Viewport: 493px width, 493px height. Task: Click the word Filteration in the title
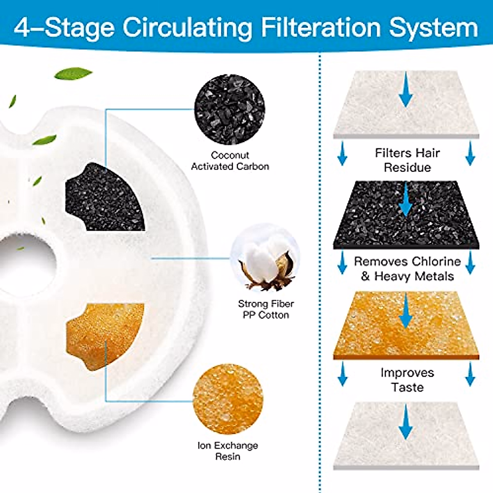[321, 27]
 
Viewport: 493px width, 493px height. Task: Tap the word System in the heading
[433, 27]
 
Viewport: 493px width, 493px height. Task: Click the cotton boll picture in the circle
[265, 258]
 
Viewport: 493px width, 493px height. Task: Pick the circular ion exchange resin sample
[228, 399]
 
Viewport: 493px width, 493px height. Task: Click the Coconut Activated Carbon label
[230, 161]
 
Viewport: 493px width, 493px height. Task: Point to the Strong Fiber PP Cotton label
[266, 309]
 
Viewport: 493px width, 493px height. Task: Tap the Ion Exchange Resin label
[228, 451]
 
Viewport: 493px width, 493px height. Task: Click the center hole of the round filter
[25, 263]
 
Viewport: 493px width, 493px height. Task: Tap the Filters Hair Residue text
[407, 160]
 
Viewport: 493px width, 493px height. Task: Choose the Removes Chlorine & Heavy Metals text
[407, 269]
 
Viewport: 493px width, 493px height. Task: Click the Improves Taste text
[407, 380]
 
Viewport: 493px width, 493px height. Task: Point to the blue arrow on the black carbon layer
[406, 199]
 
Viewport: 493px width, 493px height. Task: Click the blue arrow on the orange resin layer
[406, 310]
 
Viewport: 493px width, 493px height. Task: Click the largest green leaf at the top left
[73, 74]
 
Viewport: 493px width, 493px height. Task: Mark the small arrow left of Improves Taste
[342, 374]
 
